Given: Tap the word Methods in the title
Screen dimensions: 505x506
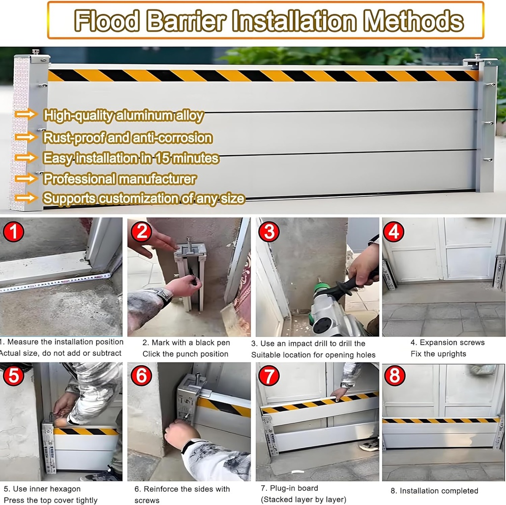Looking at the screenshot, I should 413,21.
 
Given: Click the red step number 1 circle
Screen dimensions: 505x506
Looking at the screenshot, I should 13,231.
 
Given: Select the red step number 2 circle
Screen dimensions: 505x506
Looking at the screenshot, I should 141,231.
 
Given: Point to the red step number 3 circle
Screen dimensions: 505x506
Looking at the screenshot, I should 269,231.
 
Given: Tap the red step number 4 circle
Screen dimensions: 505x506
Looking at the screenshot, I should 394,231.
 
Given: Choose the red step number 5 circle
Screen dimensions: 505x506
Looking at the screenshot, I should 13,376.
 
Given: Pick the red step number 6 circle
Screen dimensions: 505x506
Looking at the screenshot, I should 141,376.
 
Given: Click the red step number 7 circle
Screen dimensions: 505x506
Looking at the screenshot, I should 269,376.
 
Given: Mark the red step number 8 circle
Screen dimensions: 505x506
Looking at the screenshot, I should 394,376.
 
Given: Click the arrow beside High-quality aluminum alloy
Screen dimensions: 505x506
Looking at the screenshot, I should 26,115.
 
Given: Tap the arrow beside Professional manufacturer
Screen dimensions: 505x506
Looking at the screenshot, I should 26,178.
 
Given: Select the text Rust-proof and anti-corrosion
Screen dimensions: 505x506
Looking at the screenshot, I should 127,137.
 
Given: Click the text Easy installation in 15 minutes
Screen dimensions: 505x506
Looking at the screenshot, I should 131,158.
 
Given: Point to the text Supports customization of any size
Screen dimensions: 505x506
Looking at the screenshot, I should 144,199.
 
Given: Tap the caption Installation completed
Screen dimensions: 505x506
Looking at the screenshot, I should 439,491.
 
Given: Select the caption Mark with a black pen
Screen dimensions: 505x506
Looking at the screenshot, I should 186,342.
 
